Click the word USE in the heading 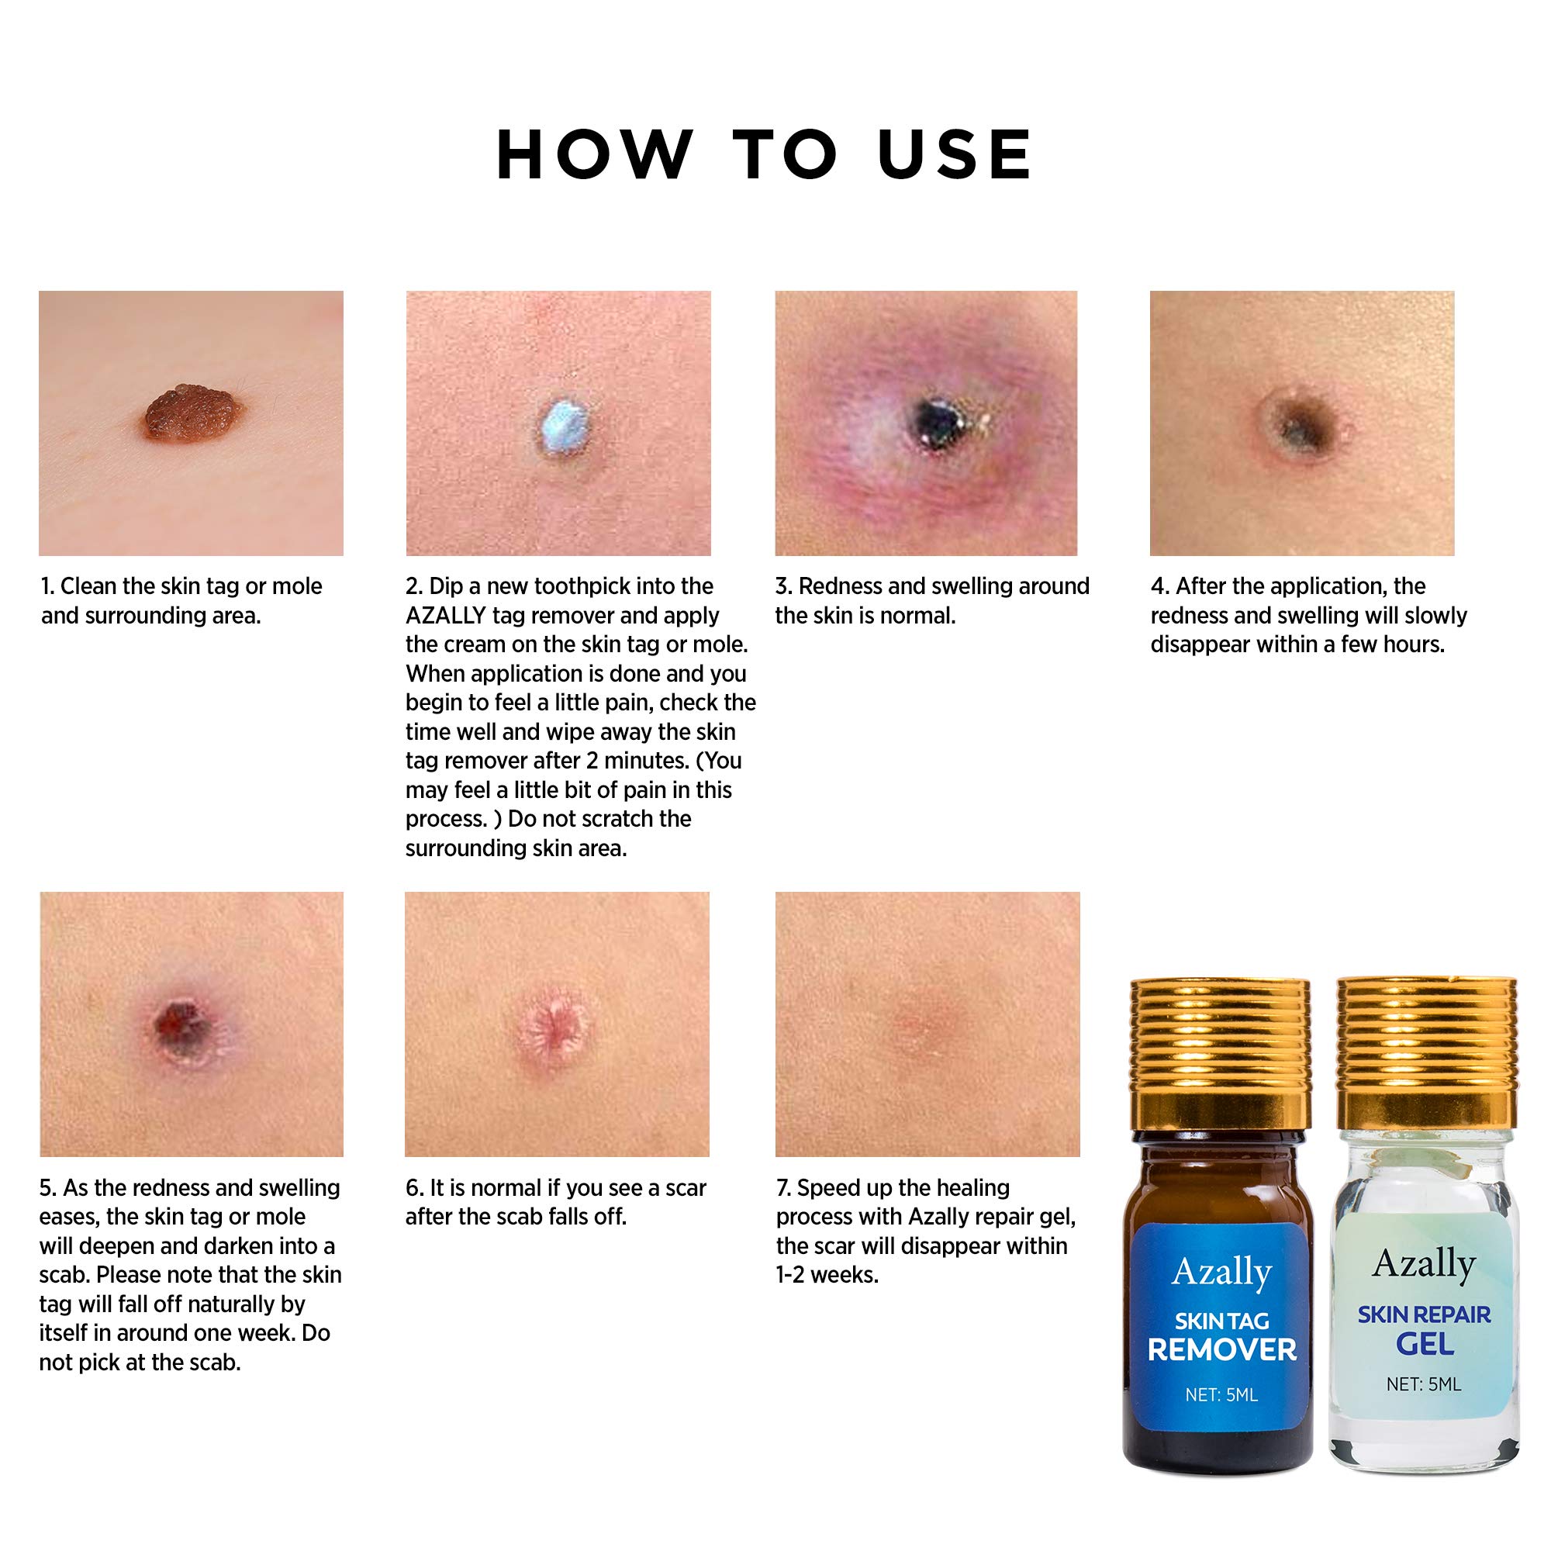coord(955,154)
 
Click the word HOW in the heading coord(595,154)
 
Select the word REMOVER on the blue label coord(1221,1349)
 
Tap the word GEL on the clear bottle coord(1424,1343)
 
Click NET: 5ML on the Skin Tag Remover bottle coord(1221,1394)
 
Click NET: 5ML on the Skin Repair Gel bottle coord(1423,1384)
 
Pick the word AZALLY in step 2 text coord(446,616)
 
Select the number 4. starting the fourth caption coord(1160,586)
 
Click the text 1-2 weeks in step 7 coord(827,1275)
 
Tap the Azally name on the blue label coord(1221,1272)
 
